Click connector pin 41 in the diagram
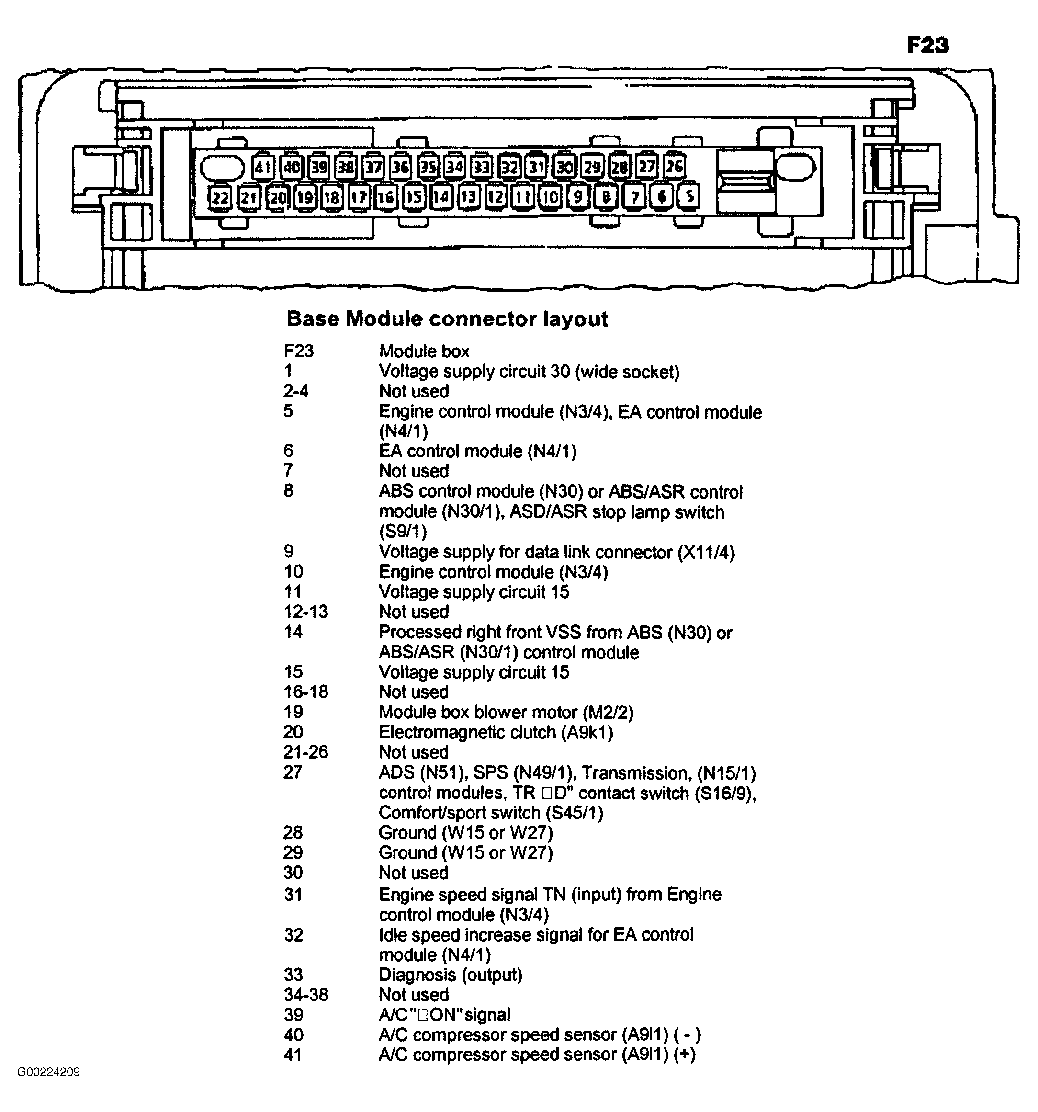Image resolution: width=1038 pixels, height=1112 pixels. (262, 167)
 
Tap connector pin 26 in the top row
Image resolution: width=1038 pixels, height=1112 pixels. (674, 166)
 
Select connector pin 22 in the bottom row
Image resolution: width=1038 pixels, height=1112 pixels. (220, 197)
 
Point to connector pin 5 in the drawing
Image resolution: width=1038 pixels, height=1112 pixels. (688, 196)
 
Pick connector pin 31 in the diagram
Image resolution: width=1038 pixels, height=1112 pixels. (536, 167)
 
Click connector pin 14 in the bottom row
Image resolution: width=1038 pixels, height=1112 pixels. (441, 197)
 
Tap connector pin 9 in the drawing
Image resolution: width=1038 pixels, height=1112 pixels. (578, 196)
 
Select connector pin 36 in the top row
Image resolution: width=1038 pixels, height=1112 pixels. (400, 167)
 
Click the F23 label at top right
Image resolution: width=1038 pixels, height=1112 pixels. (927, 45)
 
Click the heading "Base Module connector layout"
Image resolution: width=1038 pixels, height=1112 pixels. (447, 319)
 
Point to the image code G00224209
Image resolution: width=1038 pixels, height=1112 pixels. (49, 1072)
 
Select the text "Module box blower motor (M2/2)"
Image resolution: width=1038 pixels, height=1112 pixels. (506, 712)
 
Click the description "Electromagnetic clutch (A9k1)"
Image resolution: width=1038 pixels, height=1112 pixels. (496, 732)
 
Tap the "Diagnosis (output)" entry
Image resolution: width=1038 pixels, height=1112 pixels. (450, 975)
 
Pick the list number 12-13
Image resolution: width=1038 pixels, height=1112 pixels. (305, 612)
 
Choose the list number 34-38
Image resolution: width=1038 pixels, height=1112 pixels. (306, 995)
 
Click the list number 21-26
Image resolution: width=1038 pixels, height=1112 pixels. (305, 752)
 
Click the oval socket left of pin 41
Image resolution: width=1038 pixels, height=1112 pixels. (222, 167)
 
